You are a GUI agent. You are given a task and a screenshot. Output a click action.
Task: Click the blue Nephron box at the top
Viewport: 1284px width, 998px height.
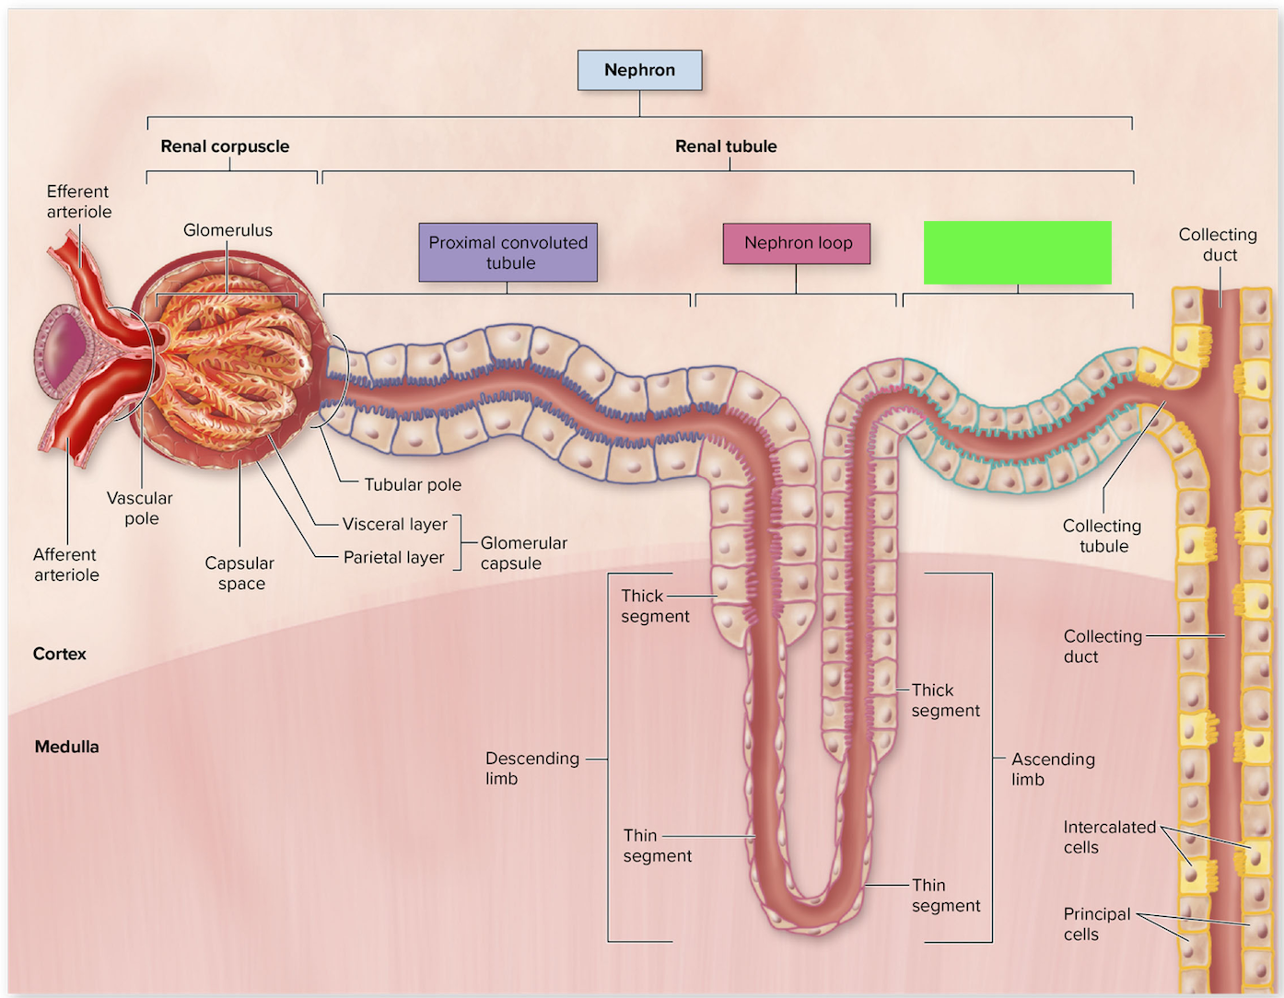[x=639, y=70]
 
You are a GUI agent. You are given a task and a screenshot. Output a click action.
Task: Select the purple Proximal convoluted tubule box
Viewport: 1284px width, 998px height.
[x=508, y=252]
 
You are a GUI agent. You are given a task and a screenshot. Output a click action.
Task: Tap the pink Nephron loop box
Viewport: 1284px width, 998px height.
[x=797, y=243]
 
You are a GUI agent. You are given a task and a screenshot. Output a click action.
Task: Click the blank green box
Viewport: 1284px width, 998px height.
[x=1017, y=252]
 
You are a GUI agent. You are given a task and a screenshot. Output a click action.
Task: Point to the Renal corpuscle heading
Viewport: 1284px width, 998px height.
[x=225, y=145]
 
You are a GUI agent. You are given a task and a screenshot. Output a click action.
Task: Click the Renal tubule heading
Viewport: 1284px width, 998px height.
[x=726, y=145]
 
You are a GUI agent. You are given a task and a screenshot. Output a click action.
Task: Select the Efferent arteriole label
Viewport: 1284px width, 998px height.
[x=78, y=202]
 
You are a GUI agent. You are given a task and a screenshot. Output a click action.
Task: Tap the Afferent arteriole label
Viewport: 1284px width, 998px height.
[x=66, y=564]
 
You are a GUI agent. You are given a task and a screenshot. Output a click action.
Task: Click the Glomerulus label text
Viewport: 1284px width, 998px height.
[x=228, y=230]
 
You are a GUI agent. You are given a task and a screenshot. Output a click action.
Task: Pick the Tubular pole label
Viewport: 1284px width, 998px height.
[x=413, y=484]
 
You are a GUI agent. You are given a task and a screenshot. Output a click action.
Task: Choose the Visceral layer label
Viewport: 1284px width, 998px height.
[x=395, y=524]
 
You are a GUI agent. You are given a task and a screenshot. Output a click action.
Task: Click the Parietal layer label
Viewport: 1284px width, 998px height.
[x=393, y=557]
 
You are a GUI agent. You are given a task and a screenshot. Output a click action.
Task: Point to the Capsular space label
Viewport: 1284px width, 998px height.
[x=239, y=573]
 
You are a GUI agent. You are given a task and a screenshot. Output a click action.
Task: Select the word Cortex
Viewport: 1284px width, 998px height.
[x=59, y=654]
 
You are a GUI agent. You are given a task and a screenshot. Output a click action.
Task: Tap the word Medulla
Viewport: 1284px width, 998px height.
[x=66, y=747]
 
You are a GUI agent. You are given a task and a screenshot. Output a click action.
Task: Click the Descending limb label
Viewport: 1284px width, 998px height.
[x=531, y=768]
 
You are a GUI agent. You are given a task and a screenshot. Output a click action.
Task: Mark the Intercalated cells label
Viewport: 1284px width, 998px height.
[x=1109, y=837]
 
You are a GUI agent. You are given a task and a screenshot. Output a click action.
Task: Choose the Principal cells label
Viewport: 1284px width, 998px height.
[x=1096, y=923]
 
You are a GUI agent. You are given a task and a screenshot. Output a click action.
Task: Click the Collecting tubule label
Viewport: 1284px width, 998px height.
[x=1102, y=536]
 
